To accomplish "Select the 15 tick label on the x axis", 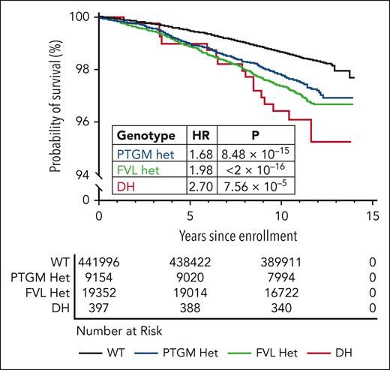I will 371,215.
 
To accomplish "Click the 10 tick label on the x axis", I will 281,215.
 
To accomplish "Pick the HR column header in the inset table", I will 204,135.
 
